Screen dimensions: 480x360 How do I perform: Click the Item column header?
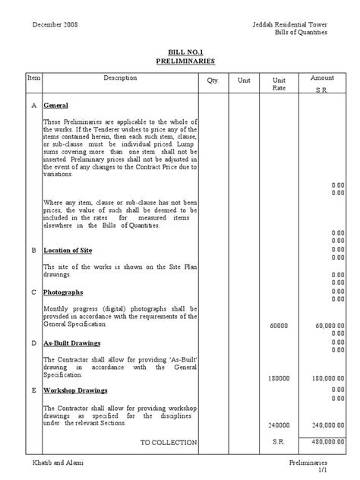pos(33,78)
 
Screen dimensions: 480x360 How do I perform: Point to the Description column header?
pos(121,78)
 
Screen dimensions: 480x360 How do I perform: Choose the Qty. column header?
pos(212,80)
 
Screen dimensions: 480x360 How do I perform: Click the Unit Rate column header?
pos(278,84)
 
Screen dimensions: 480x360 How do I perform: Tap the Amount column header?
pos(322,78)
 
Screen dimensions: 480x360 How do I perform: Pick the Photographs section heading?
pos(63,292)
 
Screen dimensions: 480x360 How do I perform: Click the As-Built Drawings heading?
pos(71,343)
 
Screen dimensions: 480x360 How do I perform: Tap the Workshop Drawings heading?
pos(74,390)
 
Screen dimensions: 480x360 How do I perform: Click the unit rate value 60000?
pos(279,325)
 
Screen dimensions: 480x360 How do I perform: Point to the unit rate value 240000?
pos(279,425)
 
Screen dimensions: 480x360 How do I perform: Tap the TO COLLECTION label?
pos(169,442)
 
